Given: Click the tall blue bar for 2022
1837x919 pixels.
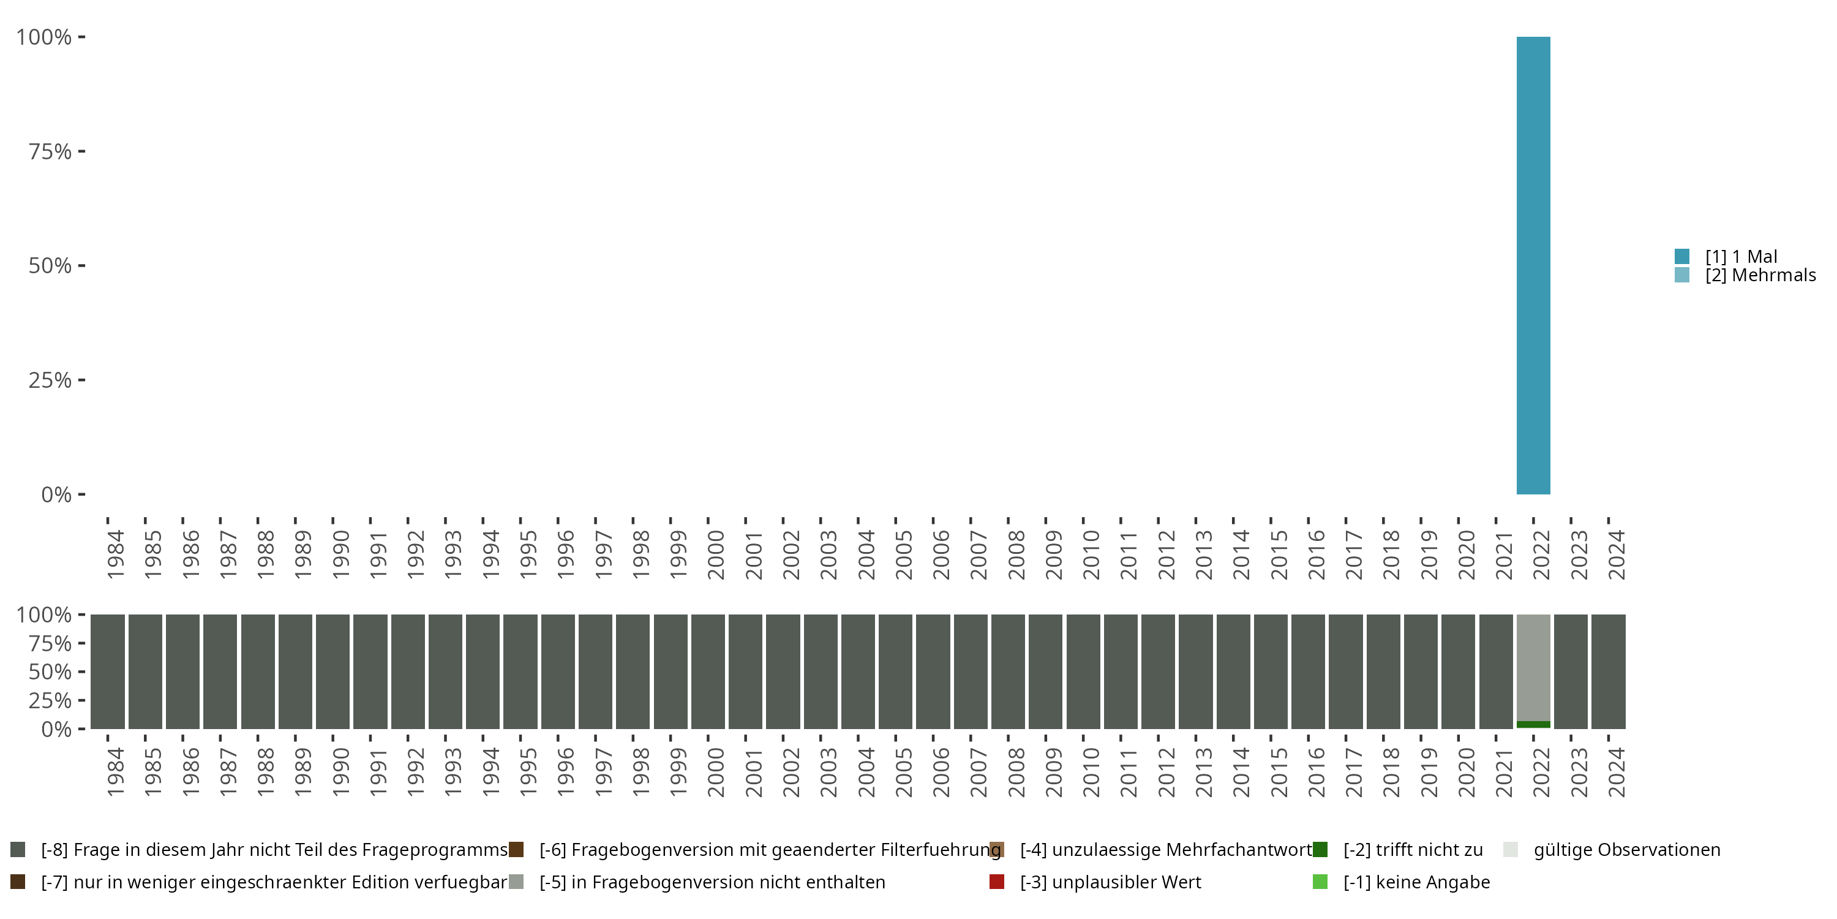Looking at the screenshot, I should [x=1533, y=265].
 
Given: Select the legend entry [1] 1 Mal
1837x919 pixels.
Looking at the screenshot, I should [x=1741, y=257].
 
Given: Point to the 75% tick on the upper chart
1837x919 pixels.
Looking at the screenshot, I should [x=50, y=151].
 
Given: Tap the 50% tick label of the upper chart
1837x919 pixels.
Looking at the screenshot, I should [x=50, y=265].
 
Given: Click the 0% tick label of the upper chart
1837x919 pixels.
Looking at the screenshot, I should [x=56, y=494].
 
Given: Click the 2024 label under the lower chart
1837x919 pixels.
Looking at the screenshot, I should [x=1617, y=773].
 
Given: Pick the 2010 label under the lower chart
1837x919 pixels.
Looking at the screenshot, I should [x=1091, y=773].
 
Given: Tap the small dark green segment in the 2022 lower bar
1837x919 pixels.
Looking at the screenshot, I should [x=1533, y=724].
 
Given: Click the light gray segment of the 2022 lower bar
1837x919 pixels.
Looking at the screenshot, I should [x=1533, y=667].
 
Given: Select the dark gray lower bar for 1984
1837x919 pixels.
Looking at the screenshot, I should [x=108, y=671].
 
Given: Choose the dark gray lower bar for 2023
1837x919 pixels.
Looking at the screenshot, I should [x=1571, y=671].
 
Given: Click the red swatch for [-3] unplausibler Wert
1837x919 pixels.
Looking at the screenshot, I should [x=997, y=882].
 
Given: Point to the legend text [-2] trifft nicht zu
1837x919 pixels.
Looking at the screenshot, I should [x=1413, y=850].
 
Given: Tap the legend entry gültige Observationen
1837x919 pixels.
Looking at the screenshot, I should [x=1626, y=850].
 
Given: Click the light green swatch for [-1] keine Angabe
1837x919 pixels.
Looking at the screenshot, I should [x=1320, y=882].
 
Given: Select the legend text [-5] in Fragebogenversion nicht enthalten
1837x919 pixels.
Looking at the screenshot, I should [x=712, y=882].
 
